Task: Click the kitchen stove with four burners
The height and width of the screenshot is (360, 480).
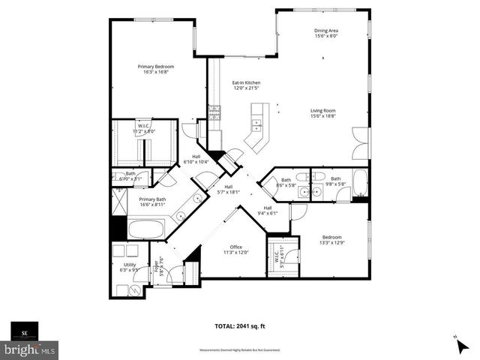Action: point(215,112)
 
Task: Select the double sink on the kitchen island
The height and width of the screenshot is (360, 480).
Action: point(256,122)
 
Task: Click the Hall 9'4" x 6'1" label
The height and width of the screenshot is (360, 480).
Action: point(267,211)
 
